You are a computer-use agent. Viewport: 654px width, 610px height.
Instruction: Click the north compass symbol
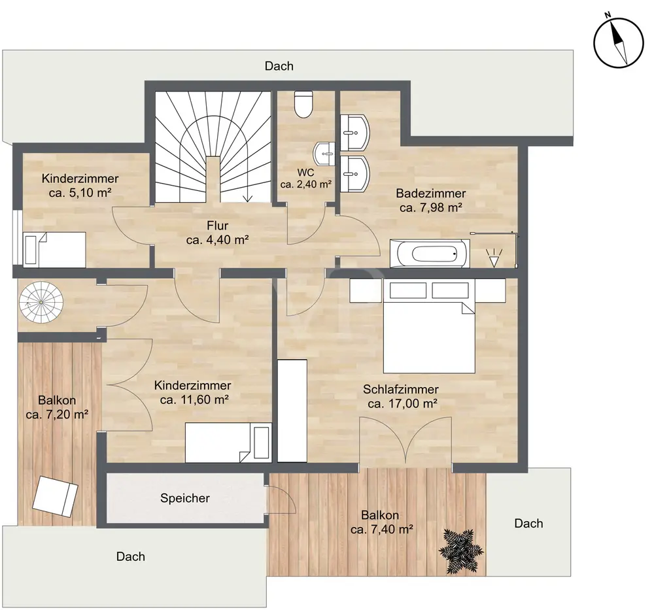coord(619,43)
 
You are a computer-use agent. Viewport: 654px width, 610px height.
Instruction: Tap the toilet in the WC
coord(303,104)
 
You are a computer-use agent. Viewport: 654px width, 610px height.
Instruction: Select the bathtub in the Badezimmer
coord(430,253)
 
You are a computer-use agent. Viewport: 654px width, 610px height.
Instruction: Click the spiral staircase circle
coord(41,302)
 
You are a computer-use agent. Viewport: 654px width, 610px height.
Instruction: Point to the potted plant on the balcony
coord(461,550)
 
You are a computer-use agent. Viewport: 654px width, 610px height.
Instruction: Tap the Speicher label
coord(185,498)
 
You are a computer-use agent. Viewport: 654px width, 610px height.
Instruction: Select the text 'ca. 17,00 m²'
coord(402,403)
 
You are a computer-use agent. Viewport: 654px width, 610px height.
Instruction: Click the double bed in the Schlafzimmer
coord(429,326)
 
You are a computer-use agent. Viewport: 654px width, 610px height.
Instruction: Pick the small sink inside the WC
coord(325,154)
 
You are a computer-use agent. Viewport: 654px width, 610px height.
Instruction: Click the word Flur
coord(217,226)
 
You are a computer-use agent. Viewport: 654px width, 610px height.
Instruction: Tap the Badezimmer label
coord(431,194)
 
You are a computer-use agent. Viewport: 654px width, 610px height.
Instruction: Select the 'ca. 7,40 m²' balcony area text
coord(382,530)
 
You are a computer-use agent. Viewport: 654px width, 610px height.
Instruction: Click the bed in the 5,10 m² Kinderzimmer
coord(55,250)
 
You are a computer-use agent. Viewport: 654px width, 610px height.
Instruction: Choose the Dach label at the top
coord(279,66)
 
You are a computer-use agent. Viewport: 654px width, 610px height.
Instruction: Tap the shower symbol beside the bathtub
coord(494,257)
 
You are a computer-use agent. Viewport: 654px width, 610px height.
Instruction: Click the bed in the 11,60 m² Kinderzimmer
coord(228,443)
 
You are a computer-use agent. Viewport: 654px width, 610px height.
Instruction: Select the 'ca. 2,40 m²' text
coord(305,184)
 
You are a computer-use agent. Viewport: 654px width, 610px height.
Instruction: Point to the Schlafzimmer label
coord(401,390)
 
